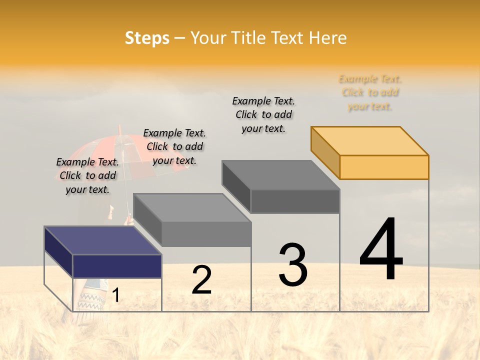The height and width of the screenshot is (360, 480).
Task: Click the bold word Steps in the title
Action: [x=147, y=38]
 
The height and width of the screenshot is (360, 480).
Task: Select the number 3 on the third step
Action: [x=293, y=265]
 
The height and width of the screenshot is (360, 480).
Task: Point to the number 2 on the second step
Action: [x=201, y=280]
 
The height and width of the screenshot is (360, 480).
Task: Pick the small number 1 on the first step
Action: [x=116, y=295]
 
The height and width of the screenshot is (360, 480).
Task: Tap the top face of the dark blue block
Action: [x=102, y=240]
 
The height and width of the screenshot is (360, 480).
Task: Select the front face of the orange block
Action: [x=384, y=167]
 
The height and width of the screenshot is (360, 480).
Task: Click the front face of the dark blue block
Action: [x=117, y=266]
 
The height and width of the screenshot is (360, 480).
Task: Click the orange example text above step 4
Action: [x=370, y=92]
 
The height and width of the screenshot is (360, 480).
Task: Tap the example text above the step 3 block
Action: [x=263, y=114]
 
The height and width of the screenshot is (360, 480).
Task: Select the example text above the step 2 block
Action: [x=174, y=146]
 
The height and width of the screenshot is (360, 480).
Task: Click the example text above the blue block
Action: [x=87, y=175]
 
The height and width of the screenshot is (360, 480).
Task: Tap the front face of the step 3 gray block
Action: [x=295, y=201]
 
